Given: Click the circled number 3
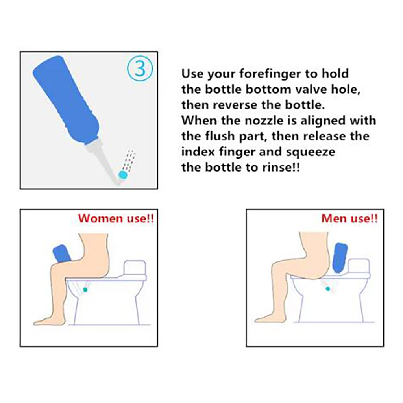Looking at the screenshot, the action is [x=140, y=68].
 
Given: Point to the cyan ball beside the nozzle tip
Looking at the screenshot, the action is [x=123, y=175].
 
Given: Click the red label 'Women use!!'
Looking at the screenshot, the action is [x=116, y=218].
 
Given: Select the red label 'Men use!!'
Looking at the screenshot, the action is [x=349, y=218].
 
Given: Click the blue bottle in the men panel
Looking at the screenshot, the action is [x=340, y=258].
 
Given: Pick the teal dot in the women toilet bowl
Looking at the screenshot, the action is [x=85, y=290].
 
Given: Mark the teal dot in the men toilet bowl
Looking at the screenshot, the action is [x=328, y=289].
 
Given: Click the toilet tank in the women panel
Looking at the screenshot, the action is [x=135, y=268].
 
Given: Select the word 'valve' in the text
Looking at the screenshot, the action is [x=311, y=89].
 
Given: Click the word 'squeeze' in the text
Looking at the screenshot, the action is [x=311, y=152].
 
